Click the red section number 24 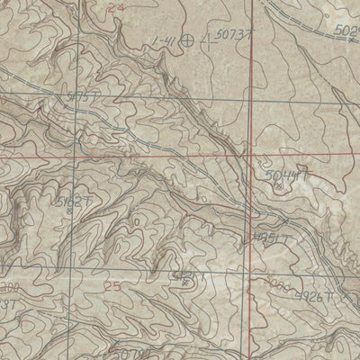112,7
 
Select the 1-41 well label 163,40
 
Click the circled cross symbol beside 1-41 186,40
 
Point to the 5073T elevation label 232,36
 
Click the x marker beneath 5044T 278,185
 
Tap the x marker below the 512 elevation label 184,283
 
